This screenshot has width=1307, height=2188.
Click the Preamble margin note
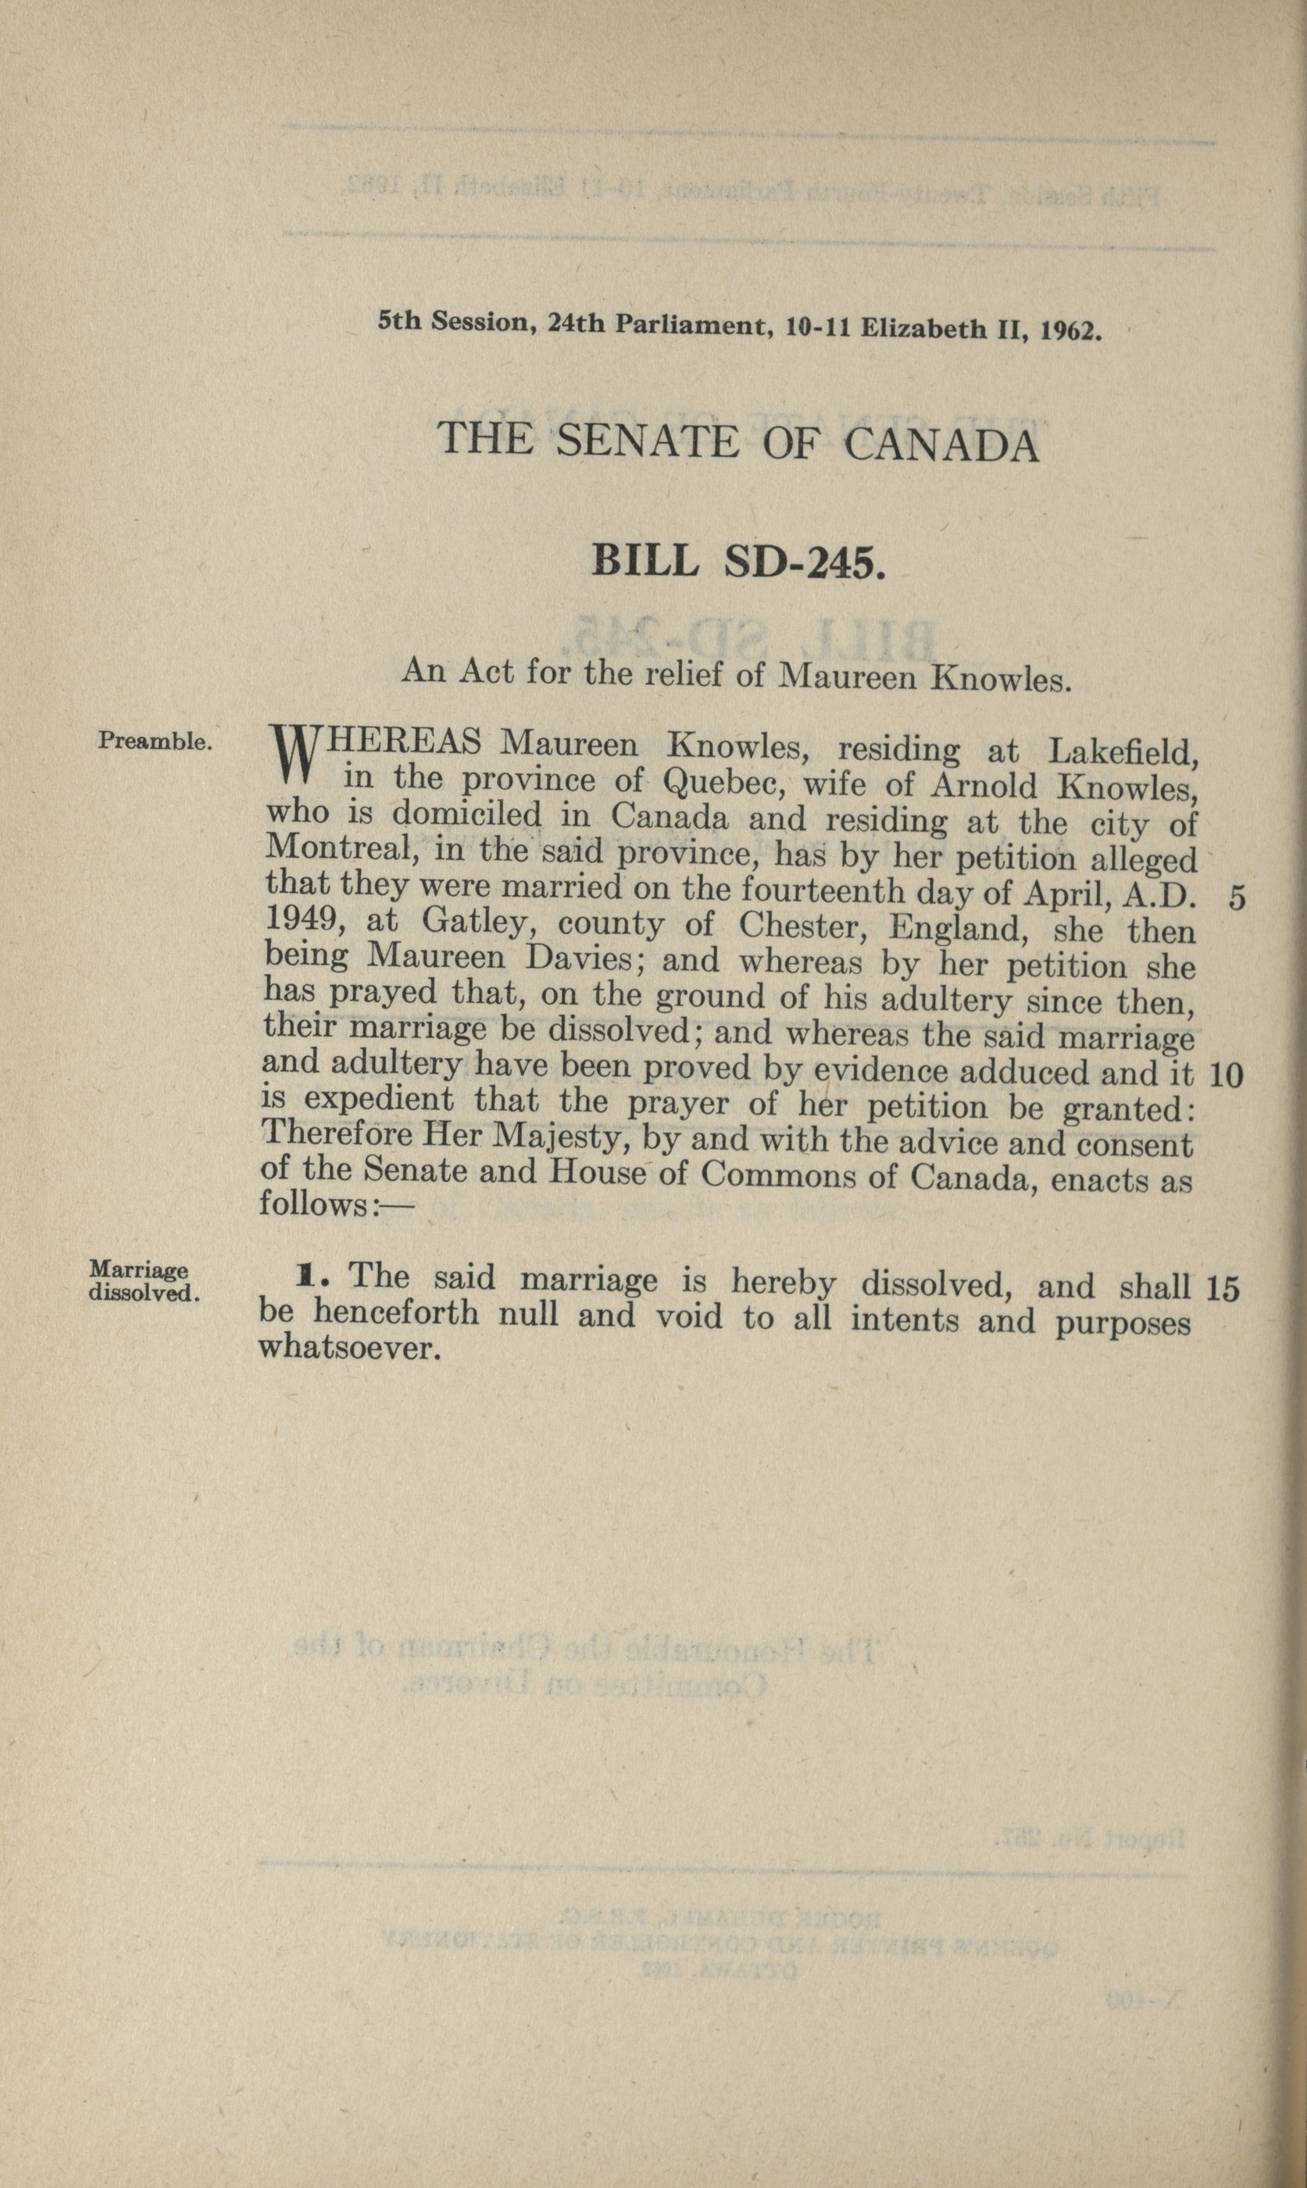(155, 741)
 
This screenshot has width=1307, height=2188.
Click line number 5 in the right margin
(1237, 898)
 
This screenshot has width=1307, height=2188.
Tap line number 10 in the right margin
(1226, 1074)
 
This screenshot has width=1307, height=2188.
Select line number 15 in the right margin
(1223, 1289)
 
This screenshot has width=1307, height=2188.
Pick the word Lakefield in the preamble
(1122, 753)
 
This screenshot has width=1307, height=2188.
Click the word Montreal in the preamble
(327, 849)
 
